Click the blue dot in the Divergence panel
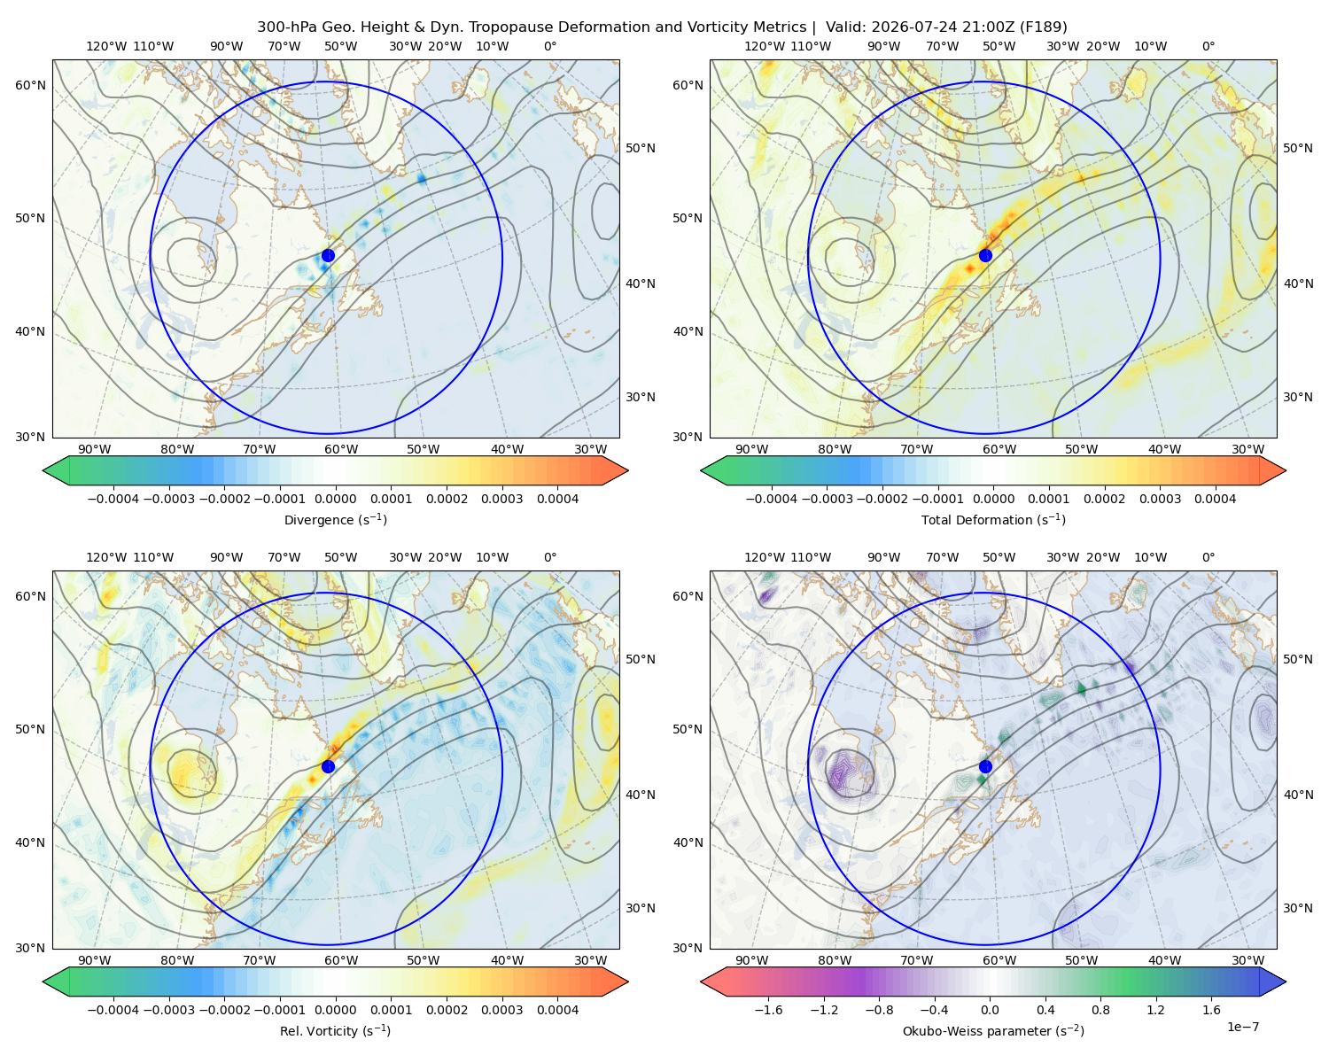328,256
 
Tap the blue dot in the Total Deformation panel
985,256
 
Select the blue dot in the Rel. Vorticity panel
328,766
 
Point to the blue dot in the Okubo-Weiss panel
985,766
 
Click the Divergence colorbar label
335,519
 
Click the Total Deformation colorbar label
993,519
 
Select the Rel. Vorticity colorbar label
335,1031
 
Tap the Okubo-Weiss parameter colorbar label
993,1031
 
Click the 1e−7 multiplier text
1242,1027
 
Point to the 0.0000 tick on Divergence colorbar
335,499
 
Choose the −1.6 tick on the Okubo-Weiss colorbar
768,1010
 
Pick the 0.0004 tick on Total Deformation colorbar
1215,499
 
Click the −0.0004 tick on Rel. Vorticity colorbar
113,1010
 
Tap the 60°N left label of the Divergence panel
30,85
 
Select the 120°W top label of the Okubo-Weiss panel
764,557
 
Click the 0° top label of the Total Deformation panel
1208,46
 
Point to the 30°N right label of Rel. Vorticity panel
641,908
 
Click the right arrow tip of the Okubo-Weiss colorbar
1286,982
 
